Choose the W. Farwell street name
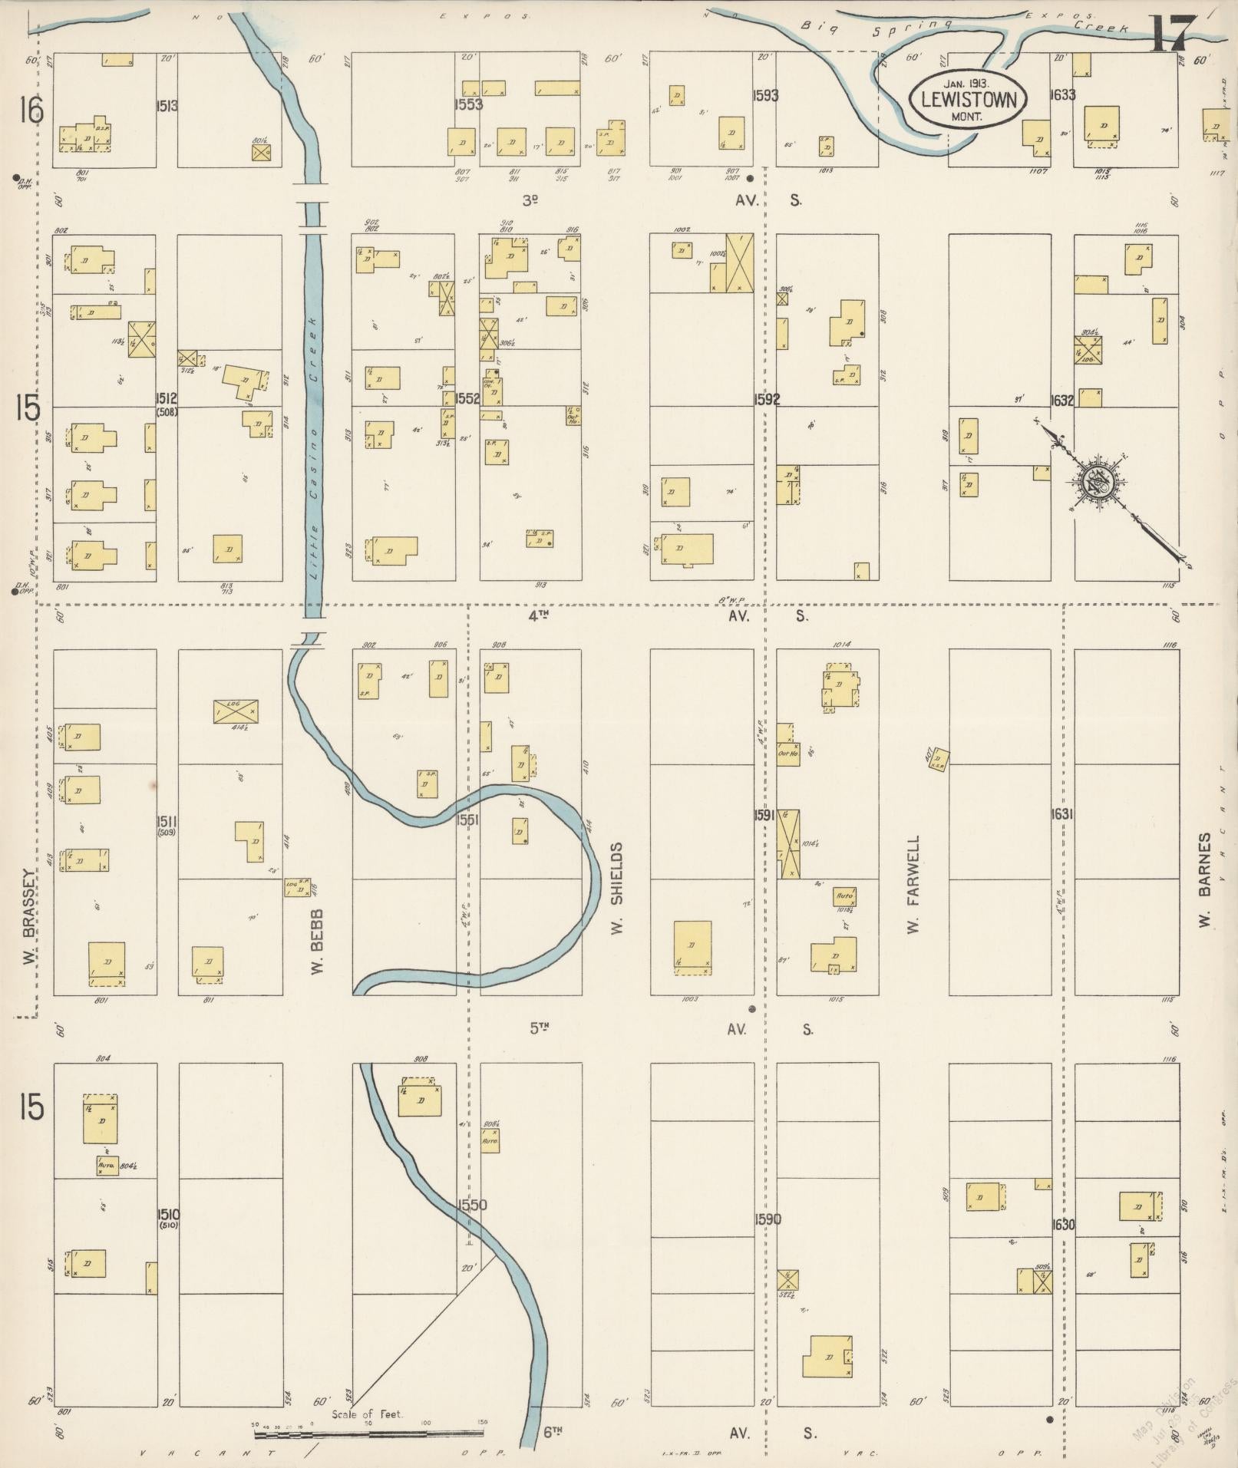click(913, 885)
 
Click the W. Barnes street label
click(1206, 879)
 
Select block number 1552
click(467, 398)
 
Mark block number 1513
click(167, 106)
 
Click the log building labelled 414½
click(236, 711)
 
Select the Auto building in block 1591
click(845, 896)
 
